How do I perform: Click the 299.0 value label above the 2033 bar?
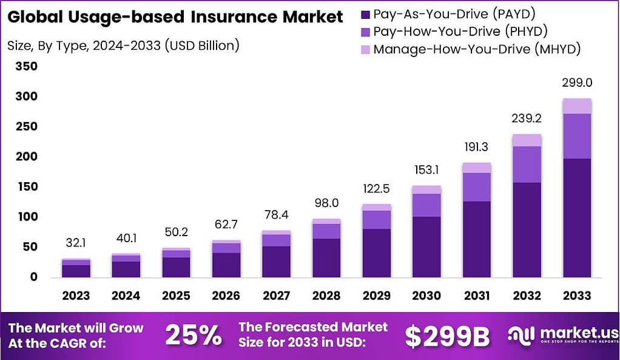point(577,83)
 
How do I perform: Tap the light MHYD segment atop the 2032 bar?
point(527,140)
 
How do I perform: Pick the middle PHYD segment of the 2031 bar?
point(477,187)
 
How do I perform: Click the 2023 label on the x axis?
point(76,296)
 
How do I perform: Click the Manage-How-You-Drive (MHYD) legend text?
point(477,49)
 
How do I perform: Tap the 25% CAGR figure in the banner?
point(194,335)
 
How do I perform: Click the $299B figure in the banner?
point(447,336)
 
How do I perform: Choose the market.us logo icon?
point(521,335)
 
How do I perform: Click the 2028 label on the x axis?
point(326,296)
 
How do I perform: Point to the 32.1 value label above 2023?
point(76,243)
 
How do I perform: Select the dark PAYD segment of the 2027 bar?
point(277,262)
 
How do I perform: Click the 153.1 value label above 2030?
point(426,170)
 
